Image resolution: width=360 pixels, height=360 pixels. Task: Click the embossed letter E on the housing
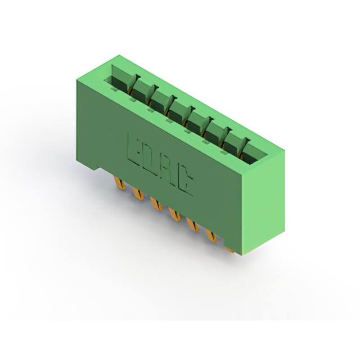coord(134,150)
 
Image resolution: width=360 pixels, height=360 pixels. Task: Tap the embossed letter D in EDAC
coord(150,159)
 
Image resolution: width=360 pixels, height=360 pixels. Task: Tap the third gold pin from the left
coord(156,204)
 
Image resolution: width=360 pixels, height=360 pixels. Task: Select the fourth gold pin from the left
coord(174,214)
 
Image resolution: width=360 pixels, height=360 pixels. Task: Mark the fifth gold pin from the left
coord(193,224)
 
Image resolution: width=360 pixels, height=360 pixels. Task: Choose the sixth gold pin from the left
coord(211,235)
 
